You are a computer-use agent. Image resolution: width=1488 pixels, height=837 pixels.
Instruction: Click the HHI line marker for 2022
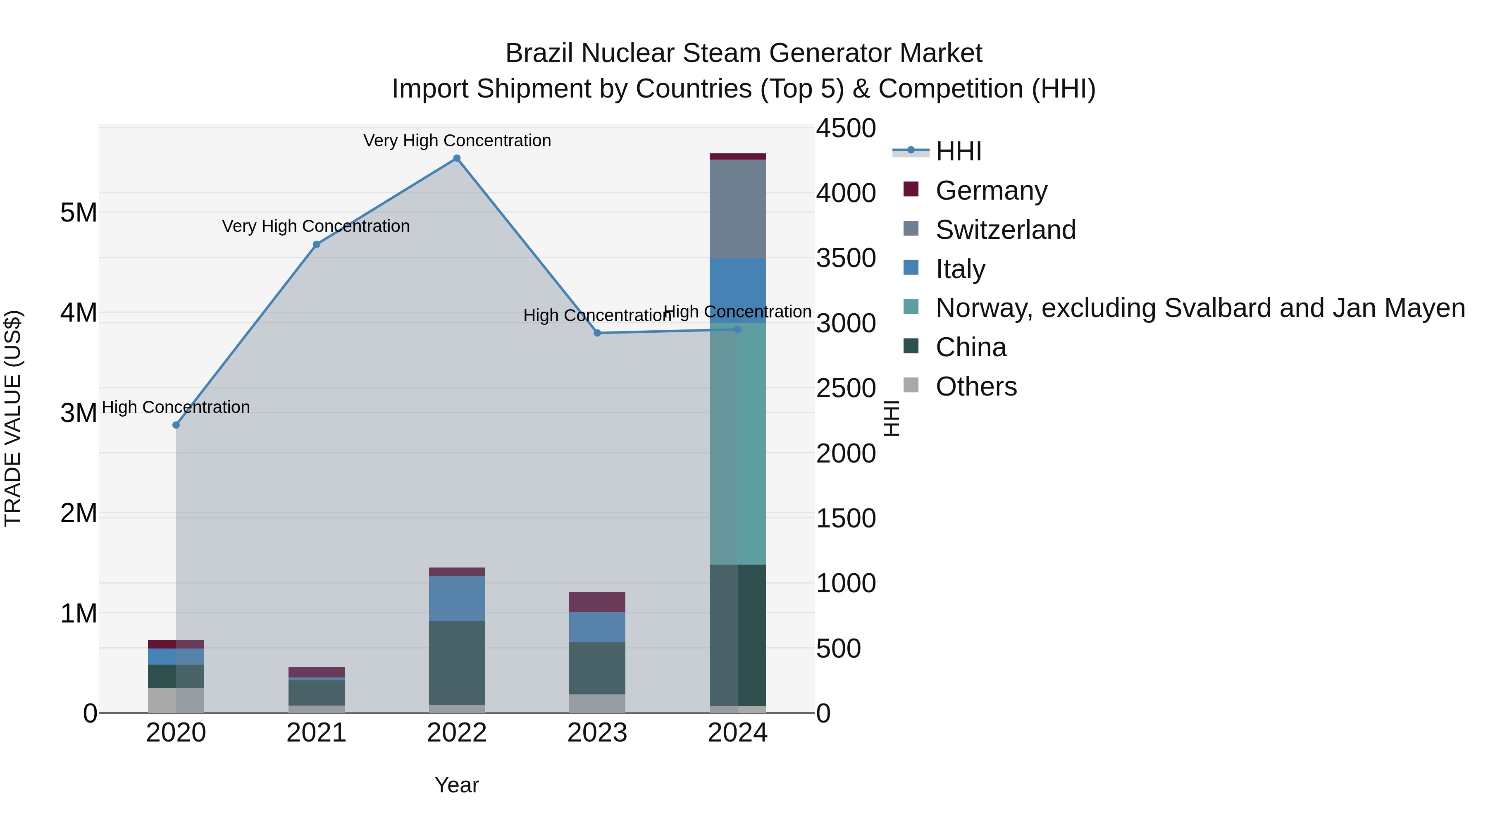pyautogui.click(x=456, y=158)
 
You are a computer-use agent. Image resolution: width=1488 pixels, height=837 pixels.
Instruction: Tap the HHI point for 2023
pyautogui.click(x=597, y=333)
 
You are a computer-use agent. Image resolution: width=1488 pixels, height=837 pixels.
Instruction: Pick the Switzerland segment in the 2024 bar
pyautogui.click(x=738, y=209)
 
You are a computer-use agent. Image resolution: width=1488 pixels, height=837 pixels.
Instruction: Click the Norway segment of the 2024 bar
pyautogui.click(x=738, y=443)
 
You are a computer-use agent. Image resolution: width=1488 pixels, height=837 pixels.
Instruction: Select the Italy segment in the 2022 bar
pyautogui.click(x=456, y=599)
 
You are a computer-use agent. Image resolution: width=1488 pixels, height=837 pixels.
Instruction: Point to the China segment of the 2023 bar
pyautogui.click(x=597, y=668)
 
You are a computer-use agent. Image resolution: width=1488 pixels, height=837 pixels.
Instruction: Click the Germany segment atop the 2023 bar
pyautogui.click(x=597, y=602)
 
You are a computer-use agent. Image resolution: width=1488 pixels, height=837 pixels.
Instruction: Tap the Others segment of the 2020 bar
pyautogui.click(x=176, y=700)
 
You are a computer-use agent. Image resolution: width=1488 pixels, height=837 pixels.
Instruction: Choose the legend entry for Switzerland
pyautogui.click(x=1005, y=230)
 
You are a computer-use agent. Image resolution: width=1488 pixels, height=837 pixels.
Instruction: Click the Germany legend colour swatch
pyautogui.click(x=911, y=189)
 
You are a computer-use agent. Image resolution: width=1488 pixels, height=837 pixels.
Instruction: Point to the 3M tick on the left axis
pyautogui.click(x=79, y=413)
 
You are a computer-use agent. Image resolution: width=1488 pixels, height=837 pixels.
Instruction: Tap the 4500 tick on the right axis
pyautogui.click(x=846, y=128)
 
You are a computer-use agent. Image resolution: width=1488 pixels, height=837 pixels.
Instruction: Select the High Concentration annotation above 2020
pyautogui.click(x=176, y=407)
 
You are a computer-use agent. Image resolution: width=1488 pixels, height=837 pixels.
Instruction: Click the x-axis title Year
pyautogui.click(x=456, y=785)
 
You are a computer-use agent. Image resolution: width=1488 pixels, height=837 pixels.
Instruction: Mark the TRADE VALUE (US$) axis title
pyautogui.click(x=13, y=418)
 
